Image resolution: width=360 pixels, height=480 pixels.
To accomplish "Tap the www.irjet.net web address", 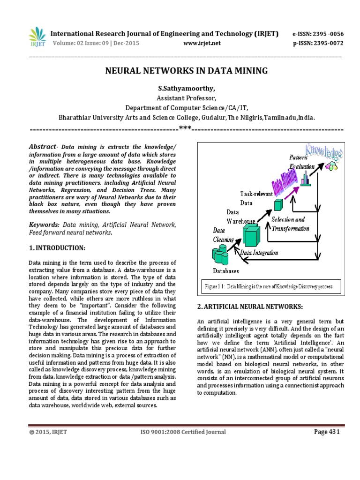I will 202,43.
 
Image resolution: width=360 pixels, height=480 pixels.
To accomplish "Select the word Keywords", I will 44,225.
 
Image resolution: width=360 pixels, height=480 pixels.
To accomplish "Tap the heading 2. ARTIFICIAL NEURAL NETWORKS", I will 251,306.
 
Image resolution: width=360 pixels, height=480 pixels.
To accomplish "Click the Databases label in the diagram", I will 226,270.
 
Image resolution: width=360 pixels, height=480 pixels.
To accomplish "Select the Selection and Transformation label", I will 290,224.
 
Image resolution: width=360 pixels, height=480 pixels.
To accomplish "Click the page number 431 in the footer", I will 326,432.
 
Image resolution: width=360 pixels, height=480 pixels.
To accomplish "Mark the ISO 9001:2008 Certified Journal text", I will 183,432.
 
